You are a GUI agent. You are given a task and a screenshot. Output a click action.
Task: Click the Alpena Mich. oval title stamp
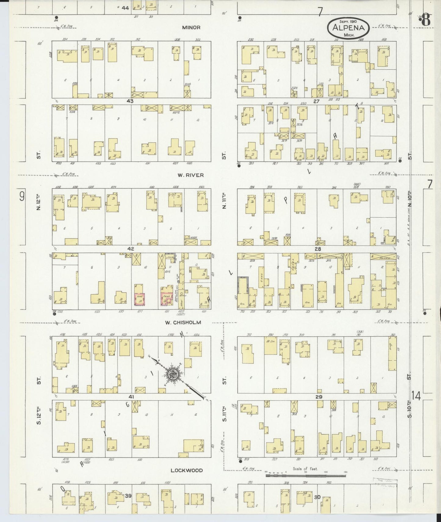349,28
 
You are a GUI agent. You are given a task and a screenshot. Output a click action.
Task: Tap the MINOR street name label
191,27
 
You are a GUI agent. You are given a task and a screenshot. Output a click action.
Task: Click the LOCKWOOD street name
186,470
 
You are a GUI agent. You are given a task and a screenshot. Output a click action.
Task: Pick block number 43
130,101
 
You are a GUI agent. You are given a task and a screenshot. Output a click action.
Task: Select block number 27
316,101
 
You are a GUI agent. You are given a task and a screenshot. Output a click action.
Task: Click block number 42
131,249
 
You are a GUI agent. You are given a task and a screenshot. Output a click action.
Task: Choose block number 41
131,397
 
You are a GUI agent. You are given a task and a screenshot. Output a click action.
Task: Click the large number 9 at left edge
22,196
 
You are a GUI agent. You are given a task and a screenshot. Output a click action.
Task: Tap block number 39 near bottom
128,496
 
